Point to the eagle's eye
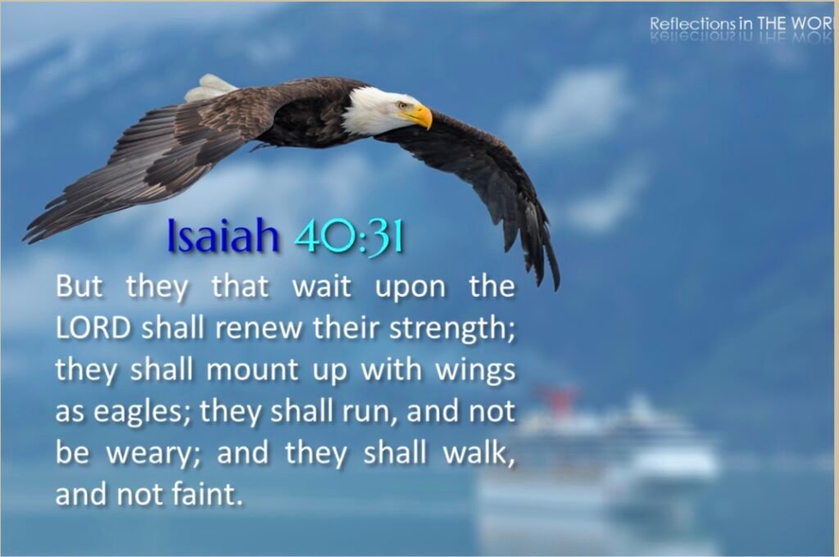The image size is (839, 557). [402, 106]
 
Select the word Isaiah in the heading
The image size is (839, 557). [223, 235]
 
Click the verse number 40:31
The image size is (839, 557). [348, 236]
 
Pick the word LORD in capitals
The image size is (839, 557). [93, 328]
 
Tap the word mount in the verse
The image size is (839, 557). [252, 370]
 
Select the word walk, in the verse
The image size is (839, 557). [478, 452]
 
